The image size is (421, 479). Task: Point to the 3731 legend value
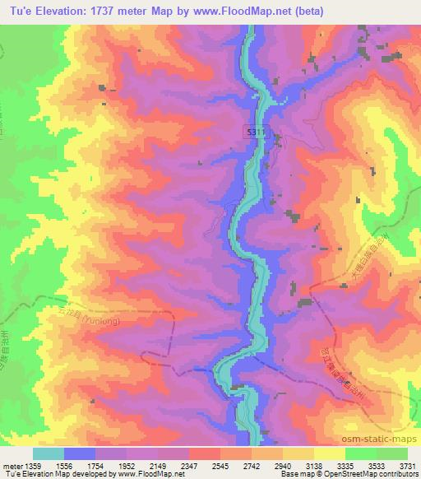tap(408, 466)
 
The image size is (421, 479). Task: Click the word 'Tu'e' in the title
tap(18, 11)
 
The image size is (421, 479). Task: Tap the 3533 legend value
tap(376, 466)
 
